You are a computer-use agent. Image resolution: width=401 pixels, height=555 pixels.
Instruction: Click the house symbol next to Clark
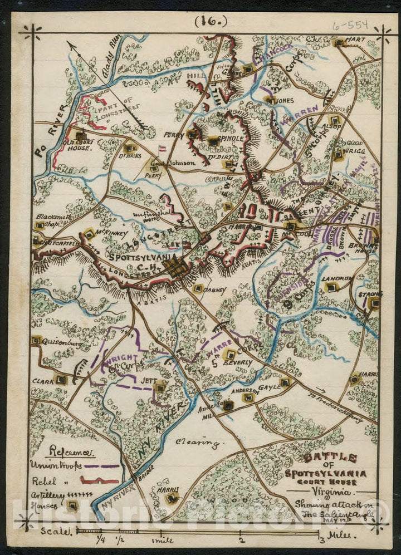61,380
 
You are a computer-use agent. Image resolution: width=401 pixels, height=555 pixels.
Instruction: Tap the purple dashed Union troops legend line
102,466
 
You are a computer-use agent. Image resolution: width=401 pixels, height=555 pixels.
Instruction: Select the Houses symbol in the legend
72,505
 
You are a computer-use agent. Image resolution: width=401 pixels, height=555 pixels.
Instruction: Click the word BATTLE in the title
330,458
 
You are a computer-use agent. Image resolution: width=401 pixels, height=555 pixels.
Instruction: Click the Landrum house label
344,279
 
